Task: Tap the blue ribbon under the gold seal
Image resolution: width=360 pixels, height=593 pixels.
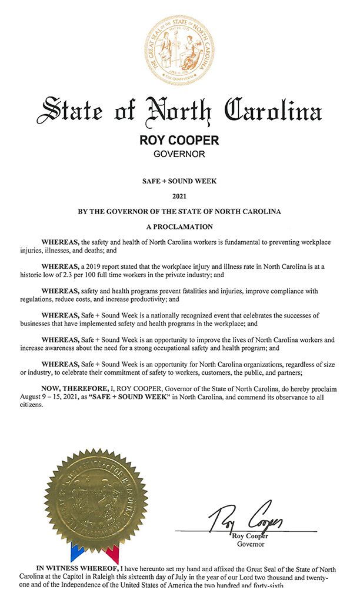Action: (76, 553)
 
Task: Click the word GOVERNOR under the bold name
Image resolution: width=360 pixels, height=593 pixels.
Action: (179, 155)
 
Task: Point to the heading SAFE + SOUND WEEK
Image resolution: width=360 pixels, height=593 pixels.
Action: (179, 181)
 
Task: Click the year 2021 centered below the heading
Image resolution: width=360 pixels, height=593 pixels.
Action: (179, 196)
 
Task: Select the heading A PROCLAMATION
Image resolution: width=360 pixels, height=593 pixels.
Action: (179, 226)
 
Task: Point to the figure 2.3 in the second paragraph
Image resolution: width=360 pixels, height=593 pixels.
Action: (92, 274)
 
